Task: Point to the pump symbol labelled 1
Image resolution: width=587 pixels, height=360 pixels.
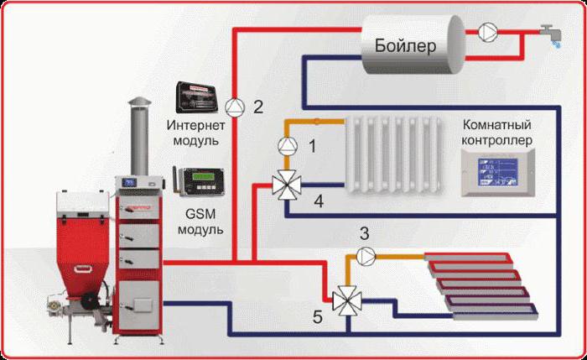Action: point(287,146)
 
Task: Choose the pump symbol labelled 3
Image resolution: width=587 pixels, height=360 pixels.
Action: point(362,254)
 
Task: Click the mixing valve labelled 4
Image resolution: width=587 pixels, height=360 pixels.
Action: point(287,185)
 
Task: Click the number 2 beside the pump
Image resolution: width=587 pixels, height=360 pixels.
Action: point(258,107)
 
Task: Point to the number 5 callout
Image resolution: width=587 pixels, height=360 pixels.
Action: point(317,317)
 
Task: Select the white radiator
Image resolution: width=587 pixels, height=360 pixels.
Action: point(395,151)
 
